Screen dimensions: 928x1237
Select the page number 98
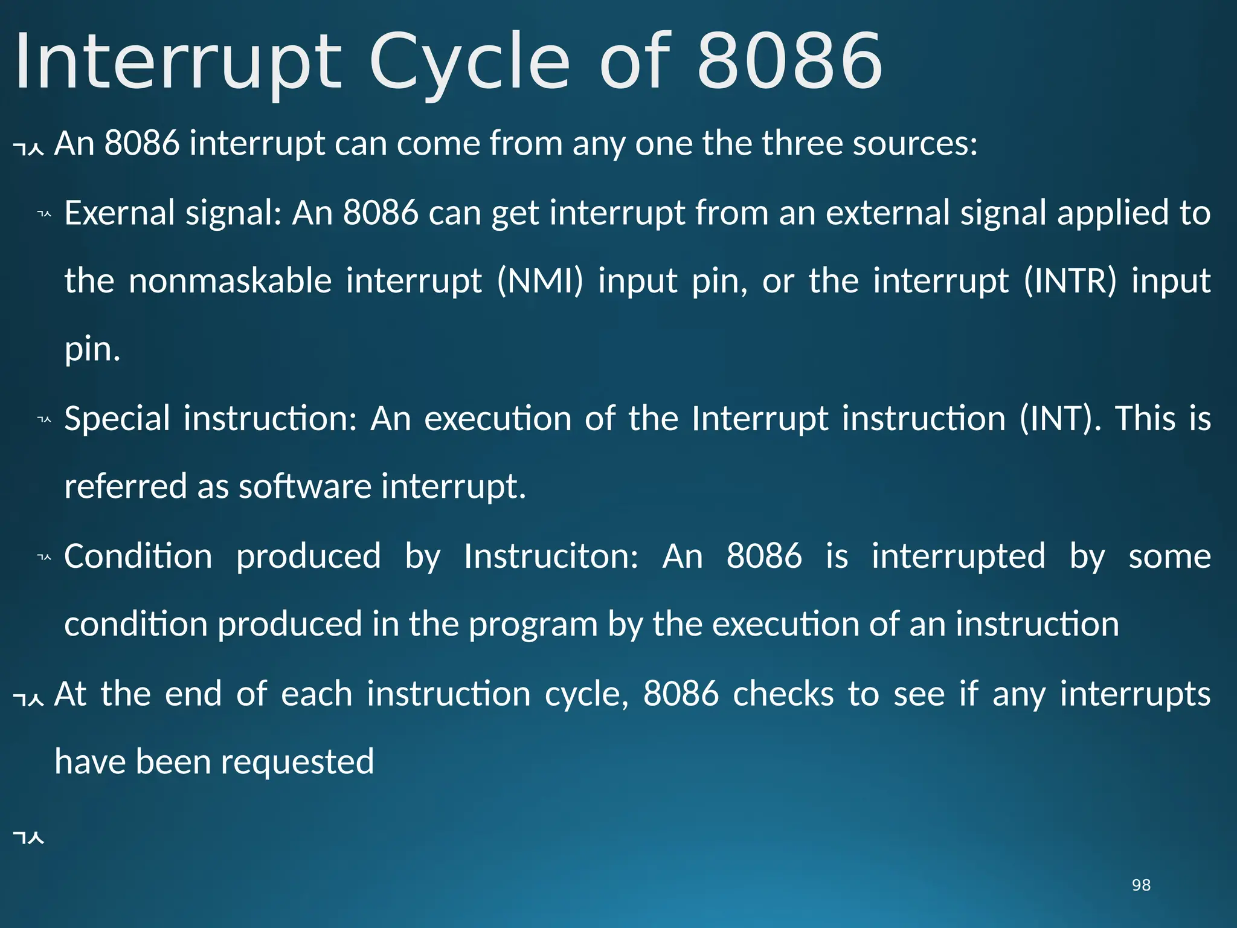click(1141, 885)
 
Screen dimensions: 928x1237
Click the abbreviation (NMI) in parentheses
click(540, 281)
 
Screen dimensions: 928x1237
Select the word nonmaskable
click(230, 281)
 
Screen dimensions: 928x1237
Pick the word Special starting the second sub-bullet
click(117, 418)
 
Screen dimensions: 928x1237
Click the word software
click(304, 486)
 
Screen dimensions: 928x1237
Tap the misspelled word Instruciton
click(551, 556)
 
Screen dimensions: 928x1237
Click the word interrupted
click(958, 556)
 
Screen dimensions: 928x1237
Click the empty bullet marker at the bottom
click(28, 838)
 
